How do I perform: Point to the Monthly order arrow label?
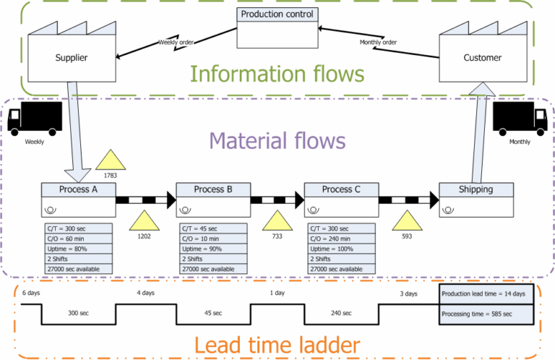point(378,42)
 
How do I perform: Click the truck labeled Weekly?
point(34,119)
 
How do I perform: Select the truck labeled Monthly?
point(519,119)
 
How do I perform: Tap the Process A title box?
point(79,189)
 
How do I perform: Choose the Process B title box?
point(214,189)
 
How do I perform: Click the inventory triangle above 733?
point(277,220)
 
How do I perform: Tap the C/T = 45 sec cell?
point(214,228)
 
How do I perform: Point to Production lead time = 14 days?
point(487,294)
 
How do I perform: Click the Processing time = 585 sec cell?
point(487,314)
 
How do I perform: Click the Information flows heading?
point(276,74)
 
